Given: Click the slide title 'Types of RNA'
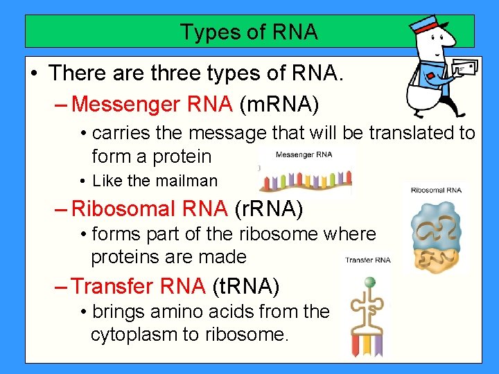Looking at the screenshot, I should click(249, 32).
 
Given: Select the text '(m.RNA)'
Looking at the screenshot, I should click(279, 105).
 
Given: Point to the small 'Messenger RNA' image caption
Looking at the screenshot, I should click(304, 154).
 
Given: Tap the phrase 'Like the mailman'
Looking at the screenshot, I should click(155, 181).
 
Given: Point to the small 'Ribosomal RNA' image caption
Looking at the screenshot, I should click(436, 190).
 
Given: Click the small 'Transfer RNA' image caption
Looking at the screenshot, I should click(368, 260).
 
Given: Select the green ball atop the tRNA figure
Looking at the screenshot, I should click(369, 282).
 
